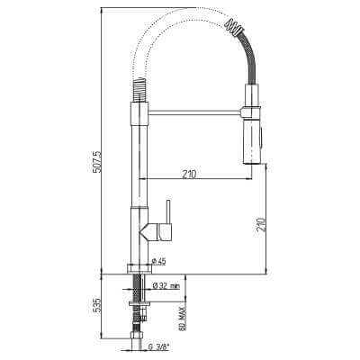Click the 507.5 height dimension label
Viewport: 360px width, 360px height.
(x=98, y=162)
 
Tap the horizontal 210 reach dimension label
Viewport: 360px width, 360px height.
(x=189, y=174)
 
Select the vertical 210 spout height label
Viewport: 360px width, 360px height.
(x=262, y=224)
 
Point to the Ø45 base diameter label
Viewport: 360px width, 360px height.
(x=159, y=262)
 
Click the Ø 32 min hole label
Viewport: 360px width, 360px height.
(x=166, y=286)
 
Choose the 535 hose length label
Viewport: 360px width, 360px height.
(x=95, y=304)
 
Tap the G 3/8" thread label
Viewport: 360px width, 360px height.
(x=158, y=347)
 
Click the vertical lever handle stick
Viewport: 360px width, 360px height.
(x=168, y=212)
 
